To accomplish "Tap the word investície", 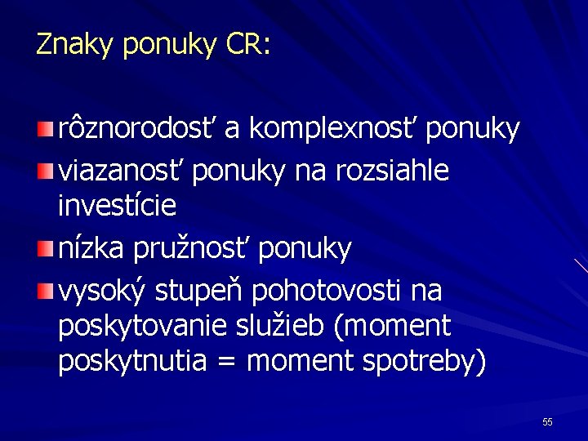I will click(117, 207).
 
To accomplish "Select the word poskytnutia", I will click(131, 361).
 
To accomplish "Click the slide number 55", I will click(547, 421).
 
